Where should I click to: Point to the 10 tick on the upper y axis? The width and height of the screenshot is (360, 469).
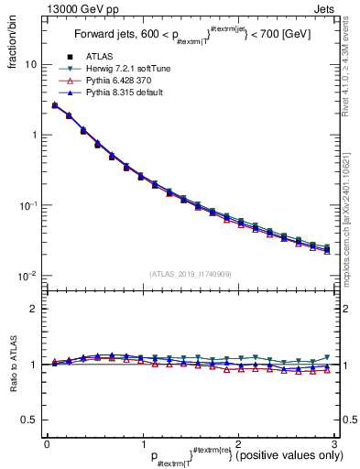30,65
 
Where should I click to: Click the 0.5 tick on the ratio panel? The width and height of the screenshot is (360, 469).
28,420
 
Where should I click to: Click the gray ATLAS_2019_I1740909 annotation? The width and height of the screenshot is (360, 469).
190,273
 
